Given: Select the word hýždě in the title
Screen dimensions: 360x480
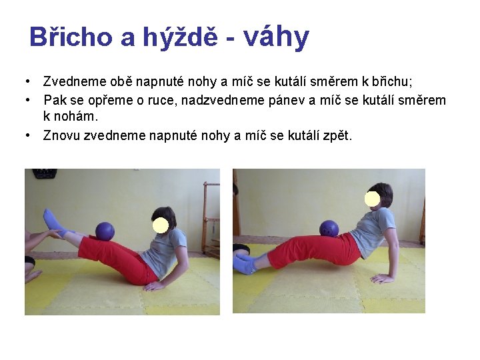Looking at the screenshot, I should [x=180, y=37].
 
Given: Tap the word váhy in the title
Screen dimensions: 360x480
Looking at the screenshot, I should [x=277, y=37].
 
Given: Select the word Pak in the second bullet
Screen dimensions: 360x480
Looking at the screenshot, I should [x=55, y=100].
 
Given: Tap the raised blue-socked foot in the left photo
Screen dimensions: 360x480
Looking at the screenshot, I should [x=51, y=218].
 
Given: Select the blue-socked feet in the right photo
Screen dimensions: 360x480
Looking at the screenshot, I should [x=244, y=263].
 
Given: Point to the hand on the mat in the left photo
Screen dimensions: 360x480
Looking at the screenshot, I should [x=155, y=286].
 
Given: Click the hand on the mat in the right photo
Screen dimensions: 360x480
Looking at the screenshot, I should [x=383, y=277].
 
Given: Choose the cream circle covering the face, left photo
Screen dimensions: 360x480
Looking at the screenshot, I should [x=160, y=225].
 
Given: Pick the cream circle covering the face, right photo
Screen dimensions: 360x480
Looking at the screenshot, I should [x=372, y=199].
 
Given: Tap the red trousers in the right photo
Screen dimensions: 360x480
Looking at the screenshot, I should [x=313, y=248].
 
